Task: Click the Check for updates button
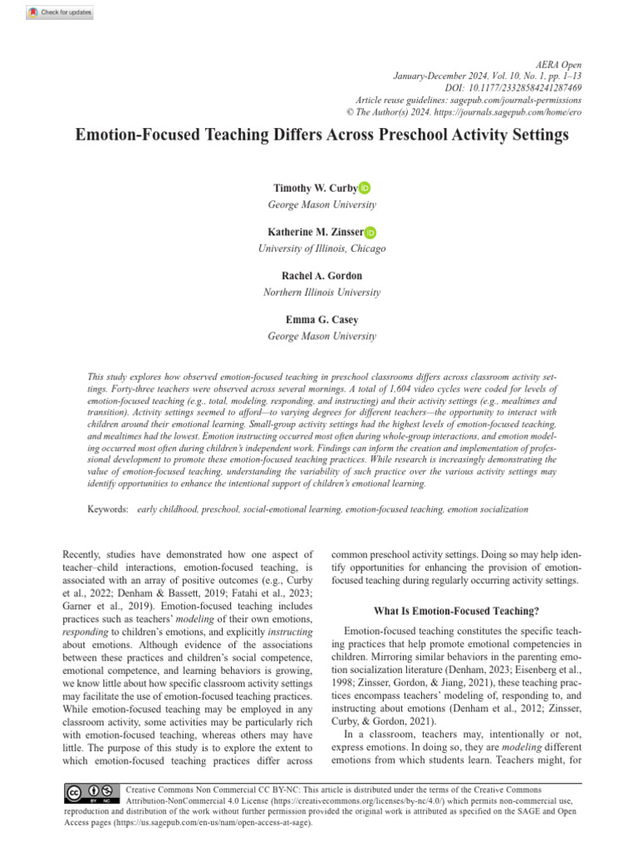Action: tap(60, 13)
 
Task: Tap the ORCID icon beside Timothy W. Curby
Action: tap(365, 189)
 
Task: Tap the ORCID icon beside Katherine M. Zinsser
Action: tap(370, 233)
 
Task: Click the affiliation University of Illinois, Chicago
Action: tap(321, 248)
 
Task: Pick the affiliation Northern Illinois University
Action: tap(321, 293)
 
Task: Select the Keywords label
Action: tap(108, 509)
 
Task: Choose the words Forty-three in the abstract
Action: tap(136, 389)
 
